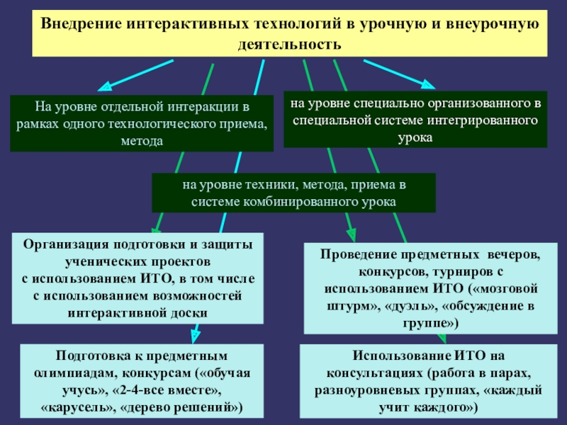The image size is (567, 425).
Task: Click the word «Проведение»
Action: (x=364, y=254)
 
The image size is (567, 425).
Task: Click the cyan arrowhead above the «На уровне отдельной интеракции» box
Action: (x=104, y=87)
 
